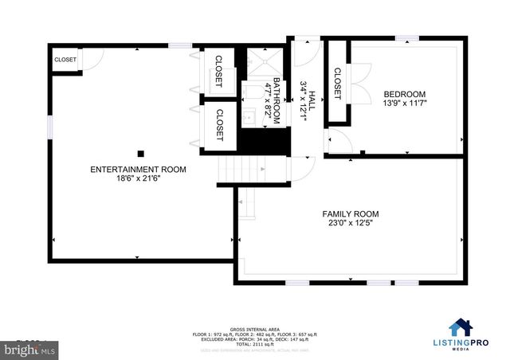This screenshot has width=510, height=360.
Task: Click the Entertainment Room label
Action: [138, 170]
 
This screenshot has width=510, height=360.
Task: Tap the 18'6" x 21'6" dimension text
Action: [138, 180]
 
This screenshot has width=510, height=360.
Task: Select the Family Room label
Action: [350, 214]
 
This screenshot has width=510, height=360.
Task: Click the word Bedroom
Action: [405, 92]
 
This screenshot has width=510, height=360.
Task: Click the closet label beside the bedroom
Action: [336, 83]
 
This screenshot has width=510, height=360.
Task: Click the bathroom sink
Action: [248, 115]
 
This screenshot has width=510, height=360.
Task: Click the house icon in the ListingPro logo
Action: [460, 327]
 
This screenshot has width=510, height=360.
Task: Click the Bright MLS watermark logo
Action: [24, 350]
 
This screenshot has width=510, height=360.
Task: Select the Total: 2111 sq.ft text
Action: [254, 344]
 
